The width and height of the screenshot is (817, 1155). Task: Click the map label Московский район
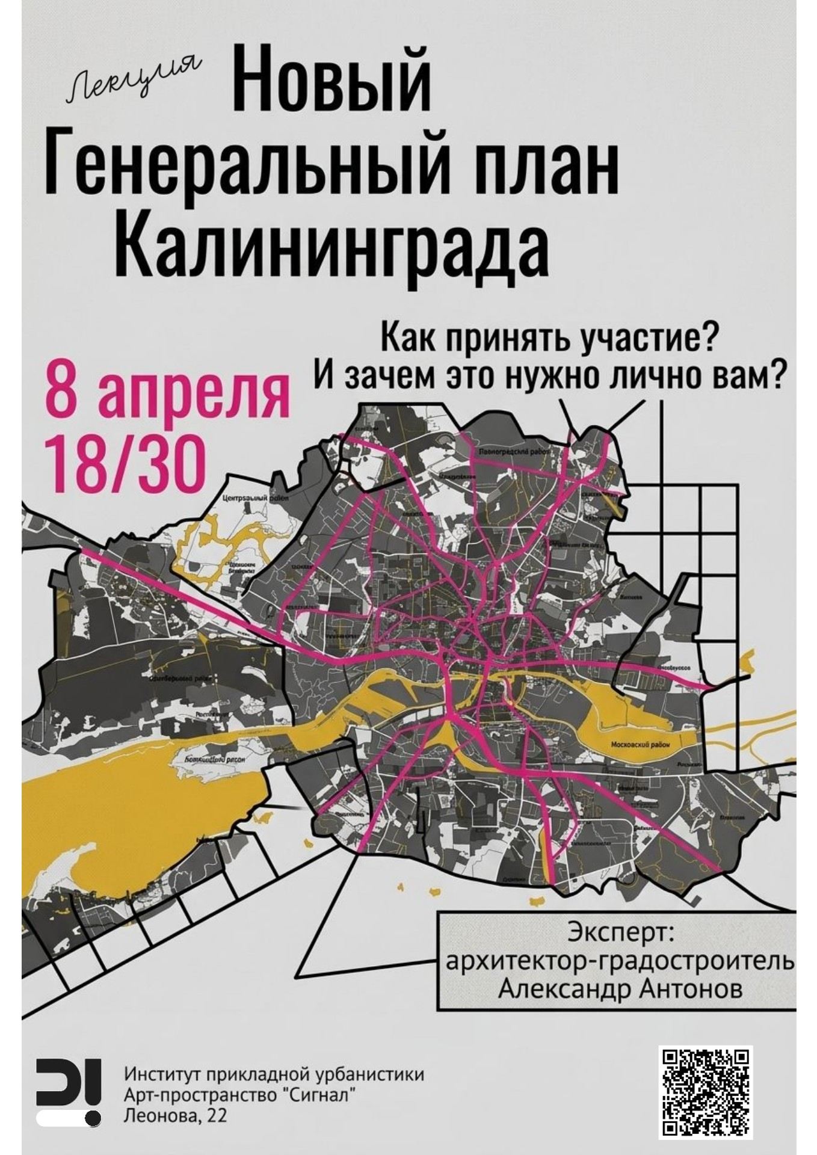[640, 744]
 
